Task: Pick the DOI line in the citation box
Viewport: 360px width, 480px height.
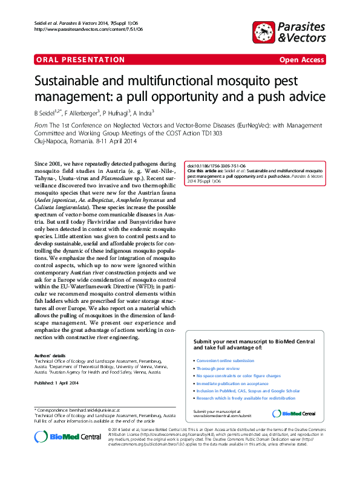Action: (216, 166)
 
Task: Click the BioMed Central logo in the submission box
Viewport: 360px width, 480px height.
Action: (294, 414)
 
